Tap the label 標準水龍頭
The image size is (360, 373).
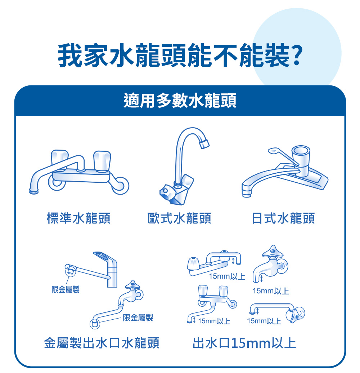tap(78, 218)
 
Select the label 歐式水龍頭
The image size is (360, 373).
tap(179, 218)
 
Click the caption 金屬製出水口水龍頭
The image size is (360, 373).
tap(102, 343)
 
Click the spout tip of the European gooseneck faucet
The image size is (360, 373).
tap(204, 144)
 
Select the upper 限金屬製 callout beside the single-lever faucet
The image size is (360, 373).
tap(66, 289)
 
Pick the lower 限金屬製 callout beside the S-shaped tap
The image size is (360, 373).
tap(138, 318)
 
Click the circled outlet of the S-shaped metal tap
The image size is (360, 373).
tap(94, 323)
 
